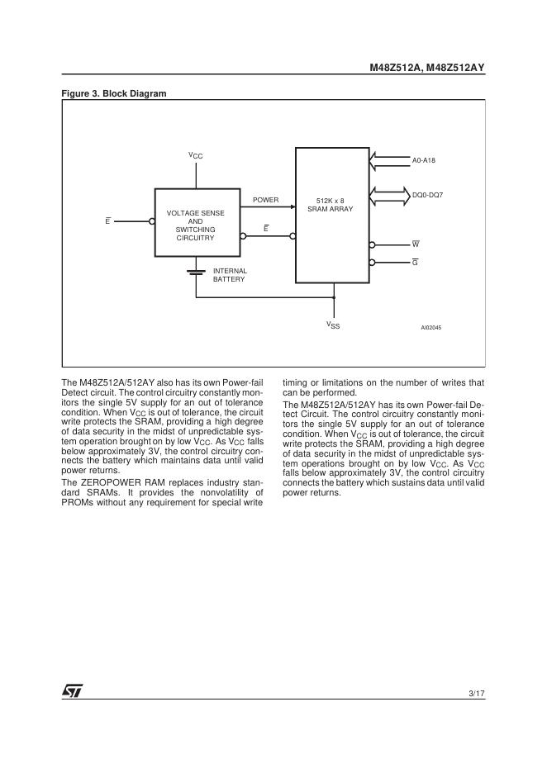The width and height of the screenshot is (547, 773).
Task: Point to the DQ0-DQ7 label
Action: [x=427, y=194]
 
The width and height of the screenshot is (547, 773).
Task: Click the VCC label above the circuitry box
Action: [x=195, y=155]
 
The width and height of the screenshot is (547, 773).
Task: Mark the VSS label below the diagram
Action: [x=333, y=325]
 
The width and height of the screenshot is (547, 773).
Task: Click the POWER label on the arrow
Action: [x=265, y=200]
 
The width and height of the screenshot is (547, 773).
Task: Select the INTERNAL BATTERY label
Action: [x=230, y=275]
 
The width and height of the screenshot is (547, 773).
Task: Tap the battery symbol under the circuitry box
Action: [x=196, y=271]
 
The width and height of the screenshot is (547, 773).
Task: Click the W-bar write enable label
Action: [x=416, y=245]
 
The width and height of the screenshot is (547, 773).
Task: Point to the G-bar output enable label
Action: [x=415, y=263]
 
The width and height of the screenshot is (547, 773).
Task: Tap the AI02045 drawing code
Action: [x=430, y=328]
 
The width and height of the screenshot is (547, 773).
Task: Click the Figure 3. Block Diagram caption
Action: [x=114, y=93]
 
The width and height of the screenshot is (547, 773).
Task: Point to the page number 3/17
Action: [x=476, y=692]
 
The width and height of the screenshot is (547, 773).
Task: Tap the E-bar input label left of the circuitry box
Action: [x=107, y=221]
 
